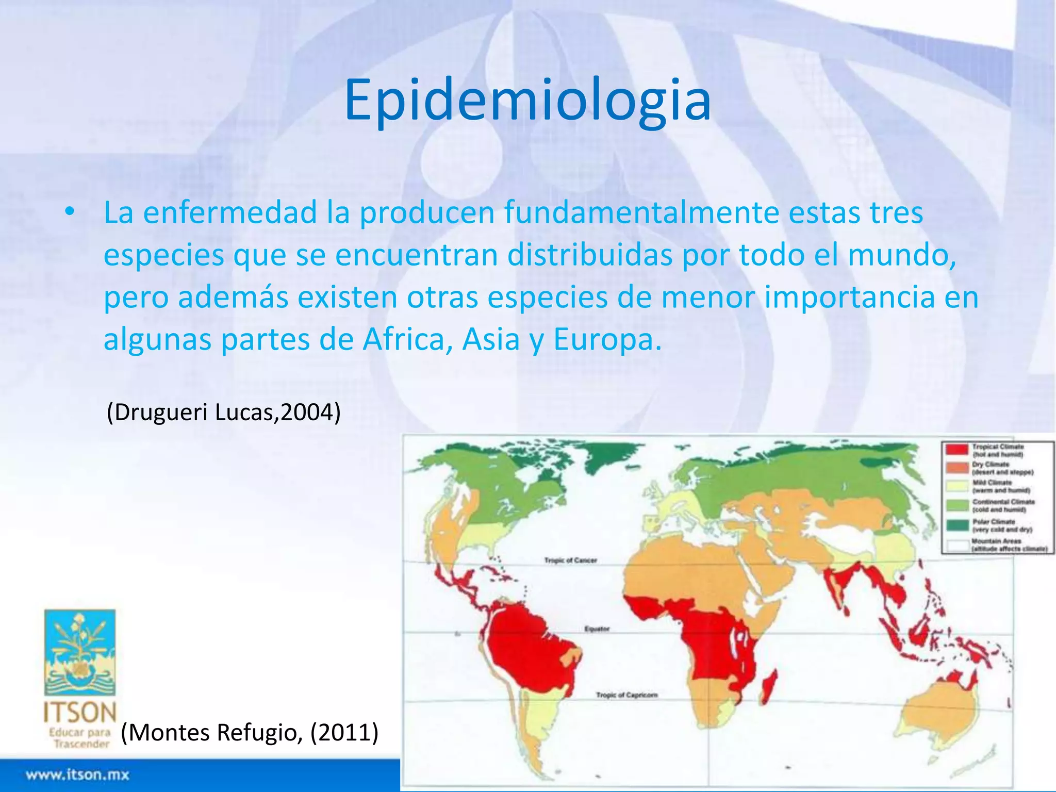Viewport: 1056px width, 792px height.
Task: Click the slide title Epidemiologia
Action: [x=527, y=101]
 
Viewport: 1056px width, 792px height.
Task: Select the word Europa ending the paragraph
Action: [x=606, y=340]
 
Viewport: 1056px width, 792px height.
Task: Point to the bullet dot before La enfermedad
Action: [x=70, y=212]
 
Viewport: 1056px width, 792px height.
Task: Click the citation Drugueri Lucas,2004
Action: [x=223, y=412]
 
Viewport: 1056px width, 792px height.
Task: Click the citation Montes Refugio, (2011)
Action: [x=250, y=732]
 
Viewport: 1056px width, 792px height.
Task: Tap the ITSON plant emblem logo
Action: [x=80, y=652]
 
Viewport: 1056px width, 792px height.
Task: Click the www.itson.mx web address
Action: [x=78, y=775]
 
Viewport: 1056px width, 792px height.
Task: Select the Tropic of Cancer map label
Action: [x=571, y=560]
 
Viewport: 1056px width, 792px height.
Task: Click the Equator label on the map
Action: [x=597, y=629]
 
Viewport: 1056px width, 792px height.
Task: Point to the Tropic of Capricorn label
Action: [x=626, y=695]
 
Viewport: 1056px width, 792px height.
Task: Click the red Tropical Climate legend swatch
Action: [x=956, y=450]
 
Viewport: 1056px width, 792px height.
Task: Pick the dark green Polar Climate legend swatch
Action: [x=956, y=525]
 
